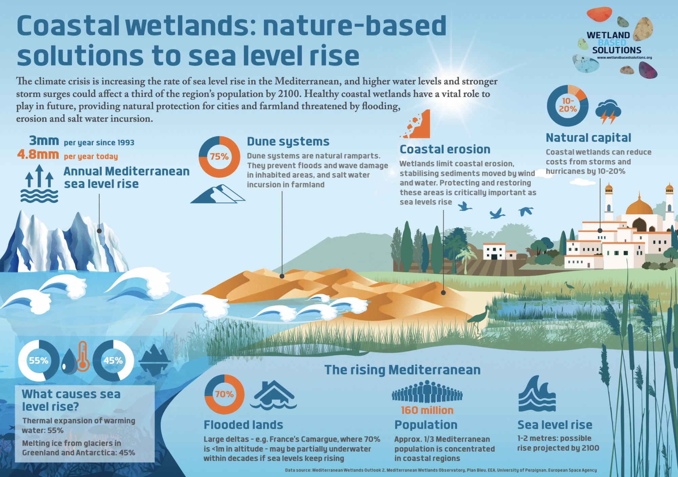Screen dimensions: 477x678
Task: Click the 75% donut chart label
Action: (219, 157)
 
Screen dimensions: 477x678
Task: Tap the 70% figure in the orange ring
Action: (224, 394)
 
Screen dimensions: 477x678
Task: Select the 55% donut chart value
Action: (38, 360)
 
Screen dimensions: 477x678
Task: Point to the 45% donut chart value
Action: (113, 360)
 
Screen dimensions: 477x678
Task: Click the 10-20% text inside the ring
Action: (568, 105)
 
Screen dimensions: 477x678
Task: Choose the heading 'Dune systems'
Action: (288, 141)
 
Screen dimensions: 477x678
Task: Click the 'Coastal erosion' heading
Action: (445, 149)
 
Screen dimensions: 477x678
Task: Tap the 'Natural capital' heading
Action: (588, 138)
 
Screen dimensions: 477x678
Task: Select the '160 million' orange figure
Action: (427, 410)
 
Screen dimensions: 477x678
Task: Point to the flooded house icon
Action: (273, 394)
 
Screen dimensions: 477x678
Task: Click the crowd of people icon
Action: (427, 392)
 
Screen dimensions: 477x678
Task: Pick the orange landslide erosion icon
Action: (418, 125)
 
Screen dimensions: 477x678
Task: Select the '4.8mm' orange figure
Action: (38, 155)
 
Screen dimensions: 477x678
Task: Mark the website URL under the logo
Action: (624, 58)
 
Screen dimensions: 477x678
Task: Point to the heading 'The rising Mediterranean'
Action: (402, 370)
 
